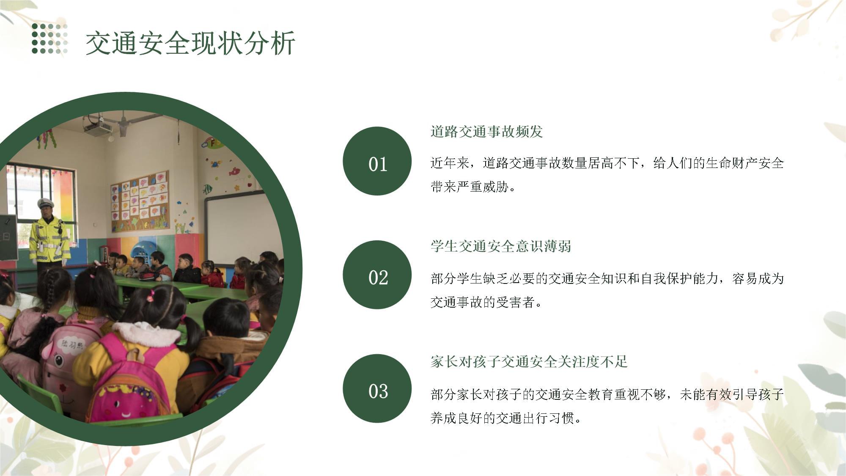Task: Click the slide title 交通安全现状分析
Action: point(190,43)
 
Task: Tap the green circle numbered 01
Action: point(377,161)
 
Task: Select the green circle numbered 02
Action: point(377,275)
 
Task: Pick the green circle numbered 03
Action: point(377,388)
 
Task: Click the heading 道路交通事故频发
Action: point(486,132)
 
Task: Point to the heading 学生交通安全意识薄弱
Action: point(501,246)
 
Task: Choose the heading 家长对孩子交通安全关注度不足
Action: point(529,362)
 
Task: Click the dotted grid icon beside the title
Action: point(49,39)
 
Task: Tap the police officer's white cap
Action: point(46,203)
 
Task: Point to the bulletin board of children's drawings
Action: point(140,202)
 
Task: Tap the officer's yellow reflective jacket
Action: point(49,239)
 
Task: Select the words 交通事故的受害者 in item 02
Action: point(482,302)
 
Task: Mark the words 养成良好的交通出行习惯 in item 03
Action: point(502,418)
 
